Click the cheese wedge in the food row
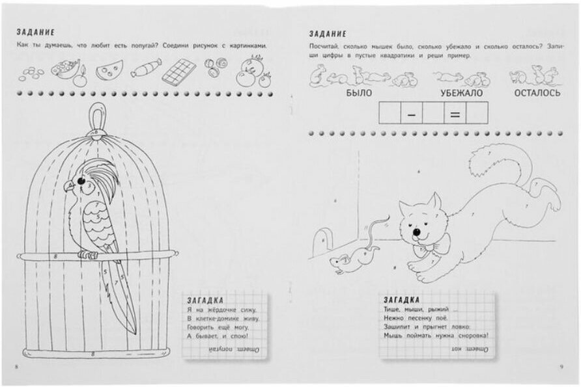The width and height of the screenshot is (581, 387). click(109, 69)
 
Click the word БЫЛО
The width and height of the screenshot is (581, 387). click(358, 93)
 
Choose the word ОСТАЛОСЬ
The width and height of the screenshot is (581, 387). click(537, 93)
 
